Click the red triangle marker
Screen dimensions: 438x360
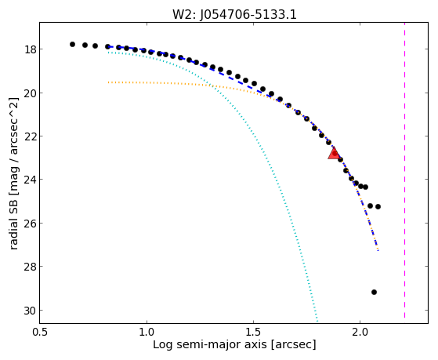pos(334,153)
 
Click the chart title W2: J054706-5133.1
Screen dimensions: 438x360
pos(234,15)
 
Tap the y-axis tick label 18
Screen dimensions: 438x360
pos(30,49)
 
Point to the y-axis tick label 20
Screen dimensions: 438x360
pos(30,93)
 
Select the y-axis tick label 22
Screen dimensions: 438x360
pos(30,136)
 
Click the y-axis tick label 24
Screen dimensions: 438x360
pos(30,180)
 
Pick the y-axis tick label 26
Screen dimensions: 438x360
pos(30,224)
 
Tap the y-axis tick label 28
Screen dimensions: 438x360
pos(30,267)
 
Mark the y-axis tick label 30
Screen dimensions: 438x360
pos(30,311)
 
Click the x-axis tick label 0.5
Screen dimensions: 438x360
pos(40,332)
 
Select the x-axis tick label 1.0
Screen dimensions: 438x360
pos(147,332)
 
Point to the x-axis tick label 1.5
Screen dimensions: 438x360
pos(253,332)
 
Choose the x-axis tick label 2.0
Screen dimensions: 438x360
pos(360,332)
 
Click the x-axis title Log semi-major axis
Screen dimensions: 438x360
pos(210,345)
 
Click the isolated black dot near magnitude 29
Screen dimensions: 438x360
pos(374,292)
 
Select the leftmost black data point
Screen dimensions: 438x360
pos(72,44)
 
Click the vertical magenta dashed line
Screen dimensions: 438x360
pos(404,170)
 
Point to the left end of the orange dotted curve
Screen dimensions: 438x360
pos(108,82)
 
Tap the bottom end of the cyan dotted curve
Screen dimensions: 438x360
pos(317,321)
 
